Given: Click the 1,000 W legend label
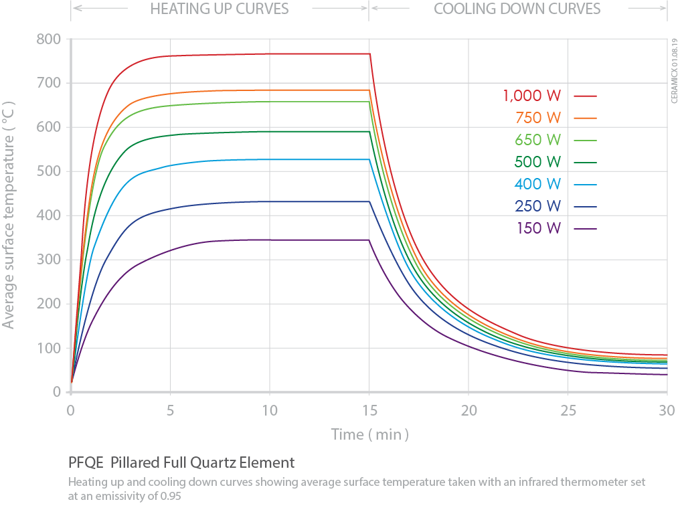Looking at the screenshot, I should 532,96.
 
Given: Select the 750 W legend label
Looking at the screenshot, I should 538,118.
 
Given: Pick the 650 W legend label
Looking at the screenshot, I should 538,140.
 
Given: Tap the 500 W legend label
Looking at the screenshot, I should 538,162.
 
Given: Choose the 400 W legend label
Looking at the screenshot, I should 538,184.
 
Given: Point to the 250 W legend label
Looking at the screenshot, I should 538,206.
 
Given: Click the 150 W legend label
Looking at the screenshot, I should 538,228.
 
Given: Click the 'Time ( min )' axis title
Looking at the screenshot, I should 369,434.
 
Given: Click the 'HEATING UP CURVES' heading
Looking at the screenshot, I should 220,9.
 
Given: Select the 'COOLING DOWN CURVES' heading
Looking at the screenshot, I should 517,9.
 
